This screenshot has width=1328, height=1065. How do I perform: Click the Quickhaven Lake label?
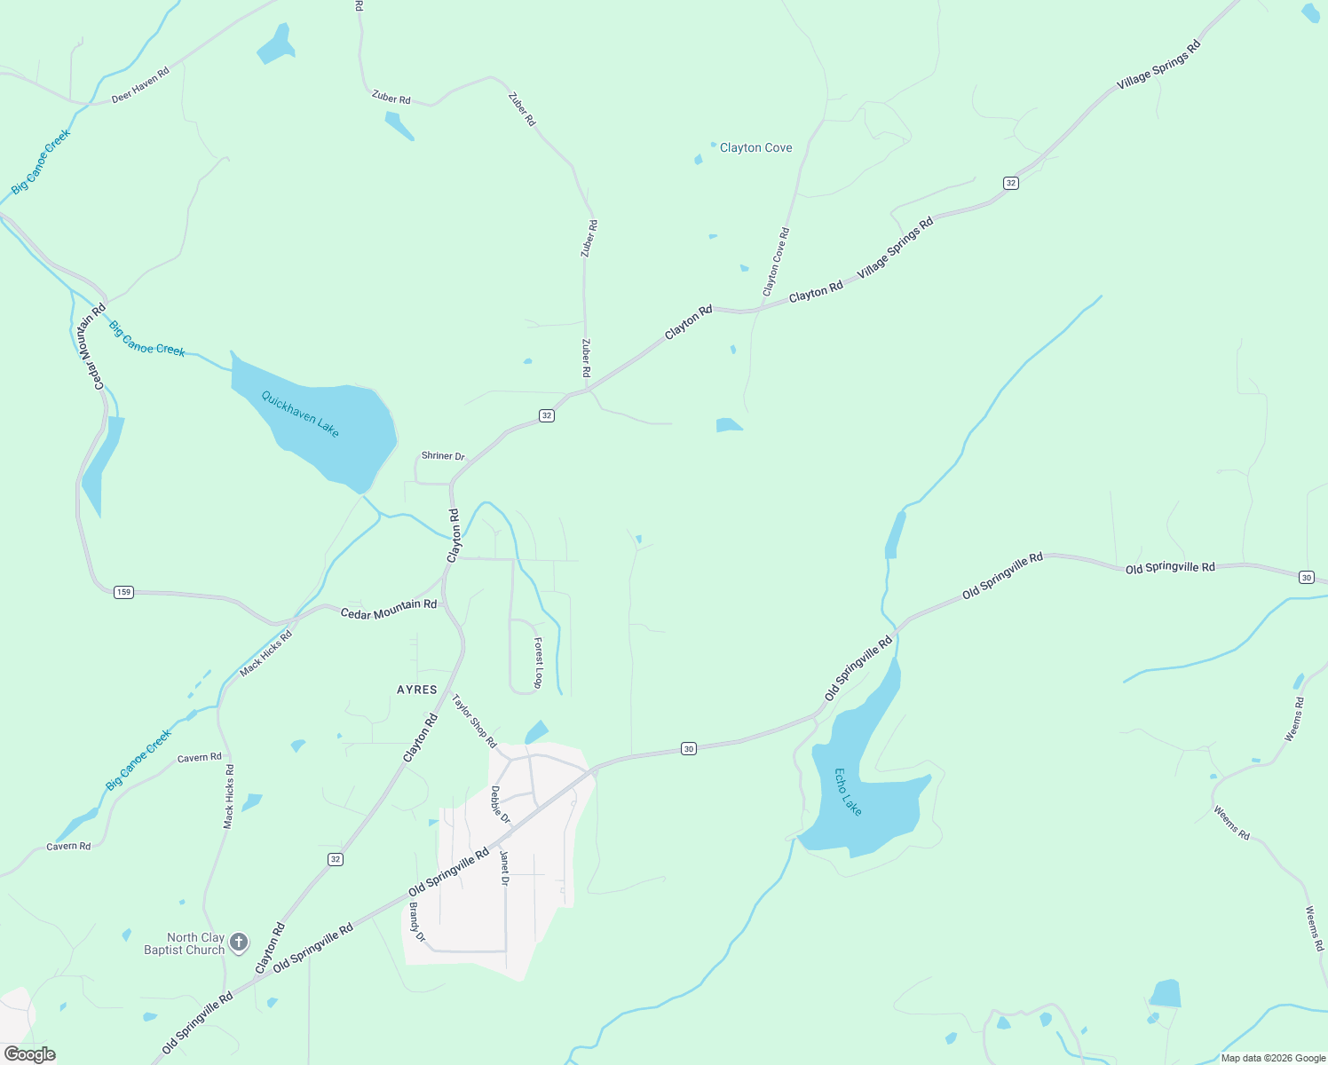tap(300, 414)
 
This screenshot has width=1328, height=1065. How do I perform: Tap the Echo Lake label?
tap(848, 792)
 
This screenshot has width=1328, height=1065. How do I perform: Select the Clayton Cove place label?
tap(755, 148)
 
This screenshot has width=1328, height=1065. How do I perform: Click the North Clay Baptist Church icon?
tap(239, 942)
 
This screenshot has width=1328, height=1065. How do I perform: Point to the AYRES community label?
tap(417, 690)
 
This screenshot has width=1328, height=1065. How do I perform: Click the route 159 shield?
tap(123, 592)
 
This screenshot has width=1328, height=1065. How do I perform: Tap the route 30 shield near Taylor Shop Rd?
tap(689, 749)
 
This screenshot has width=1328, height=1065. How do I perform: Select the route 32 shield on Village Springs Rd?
tap(1011, 183)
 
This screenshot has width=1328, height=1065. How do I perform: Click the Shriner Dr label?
tap(443, 456)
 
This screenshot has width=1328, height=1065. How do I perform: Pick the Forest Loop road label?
tap(538, 662)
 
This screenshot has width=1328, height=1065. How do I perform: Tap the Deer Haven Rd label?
tap(140, 86)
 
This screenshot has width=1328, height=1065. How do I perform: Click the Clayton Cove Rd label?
tap(776, 263)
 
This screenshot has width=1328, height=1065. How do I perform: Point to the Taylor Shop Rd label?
tap(474, 721)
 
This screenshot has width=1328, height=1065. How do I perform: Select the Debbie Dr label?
tap(501, 804)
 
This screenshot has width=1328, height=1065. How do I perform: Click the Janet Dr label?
tap(504, 868)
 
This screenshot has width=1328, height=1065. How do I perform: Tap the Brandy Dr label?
tap(417, 923)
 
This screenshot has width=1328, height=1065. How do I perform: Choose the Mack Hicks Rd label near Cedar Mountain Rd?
tap(265, 654)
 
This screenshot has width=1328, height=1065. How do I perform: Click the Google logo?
tap(30, 1054)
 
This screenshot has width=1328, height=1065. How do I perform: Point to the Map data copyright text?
tap(1273, 1058)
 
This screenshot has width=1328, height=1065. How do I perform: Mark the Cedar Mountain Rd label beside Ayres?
tap(389, 609)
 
